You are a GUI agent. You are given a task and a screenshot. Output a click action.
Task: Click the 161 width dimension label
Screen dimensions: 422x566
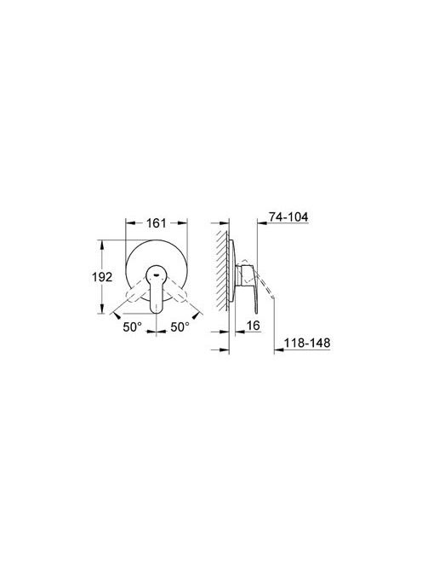156,223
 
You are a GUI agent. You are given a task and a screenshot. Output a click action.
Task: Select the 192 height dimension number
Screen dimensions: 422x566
102,277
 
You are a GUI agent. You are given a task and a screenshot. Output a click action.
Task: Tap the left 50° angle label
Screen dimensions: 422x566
132,327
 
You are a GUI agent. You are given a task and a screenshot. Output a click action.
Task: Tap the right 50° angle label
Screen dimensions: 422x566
180,327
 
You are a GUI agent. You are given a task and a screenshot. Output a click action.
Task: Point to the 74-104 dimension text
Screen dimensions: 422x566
288,217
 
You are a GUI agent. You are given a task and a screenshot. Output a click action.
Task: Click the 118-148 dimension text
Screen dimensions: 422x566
307,343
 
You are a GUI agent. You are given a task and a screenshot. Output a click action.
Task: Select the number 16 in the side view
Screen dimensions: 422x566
253,326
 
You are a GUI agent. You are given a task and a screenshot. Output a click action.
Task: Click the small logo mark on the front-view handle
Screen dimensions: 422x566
156,274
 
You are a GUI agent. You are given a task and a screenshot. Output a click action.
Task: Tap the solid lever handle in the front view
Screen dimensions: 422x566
156,289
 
